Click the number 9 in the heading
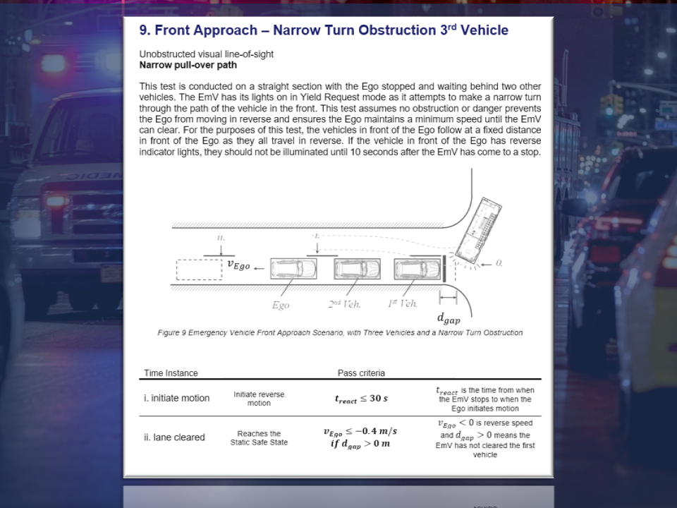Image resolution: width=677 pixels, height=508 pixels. pos(144,30)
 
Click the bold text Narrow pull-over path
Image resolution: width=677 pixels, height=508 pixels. pos(188,65)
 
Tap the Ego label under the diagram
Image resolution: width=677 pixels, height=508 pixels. pos(281,305)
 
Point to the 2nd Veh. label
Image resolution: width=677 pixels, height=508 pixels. pos(344,304)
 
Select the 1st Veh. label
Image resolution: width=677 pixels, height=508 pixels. pos(403,303)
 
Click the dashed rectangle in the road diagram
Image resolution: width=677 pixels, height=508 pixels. pos(200,270)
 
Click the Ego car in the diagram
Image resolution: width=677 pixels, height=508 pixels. pos(293,269)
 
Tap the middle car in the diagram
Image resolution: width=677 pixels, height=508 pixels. pos(357,269)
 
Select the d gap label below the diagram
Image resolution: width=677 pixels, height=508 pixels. pos(449,319)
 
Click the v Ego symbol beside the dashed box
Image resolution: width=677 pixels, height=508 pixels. pos(239,265)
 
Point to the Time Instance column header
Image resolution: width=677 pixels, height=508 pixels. pos(171,373)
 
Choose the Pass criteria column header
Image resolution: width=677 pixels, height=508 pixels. pos(361,373)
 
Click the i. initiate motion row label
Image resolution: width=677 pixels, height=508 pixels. pos(176,398)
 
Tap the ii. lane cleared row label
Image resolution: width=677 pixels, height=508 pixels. pos(174,437)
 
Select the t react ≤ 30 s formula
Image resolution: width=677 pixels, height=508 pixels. pos(361,399)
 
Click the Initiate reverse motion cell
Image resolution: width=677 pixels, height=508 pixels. pos(259,399)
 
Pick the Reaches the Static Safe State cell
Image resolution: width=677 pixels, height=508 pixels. pos(259,438)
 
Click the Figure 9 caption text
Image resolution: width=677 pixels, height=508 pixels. pos(340,332)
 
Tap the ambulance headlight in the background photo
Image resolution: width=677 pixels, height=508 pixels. pos(53,64)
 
